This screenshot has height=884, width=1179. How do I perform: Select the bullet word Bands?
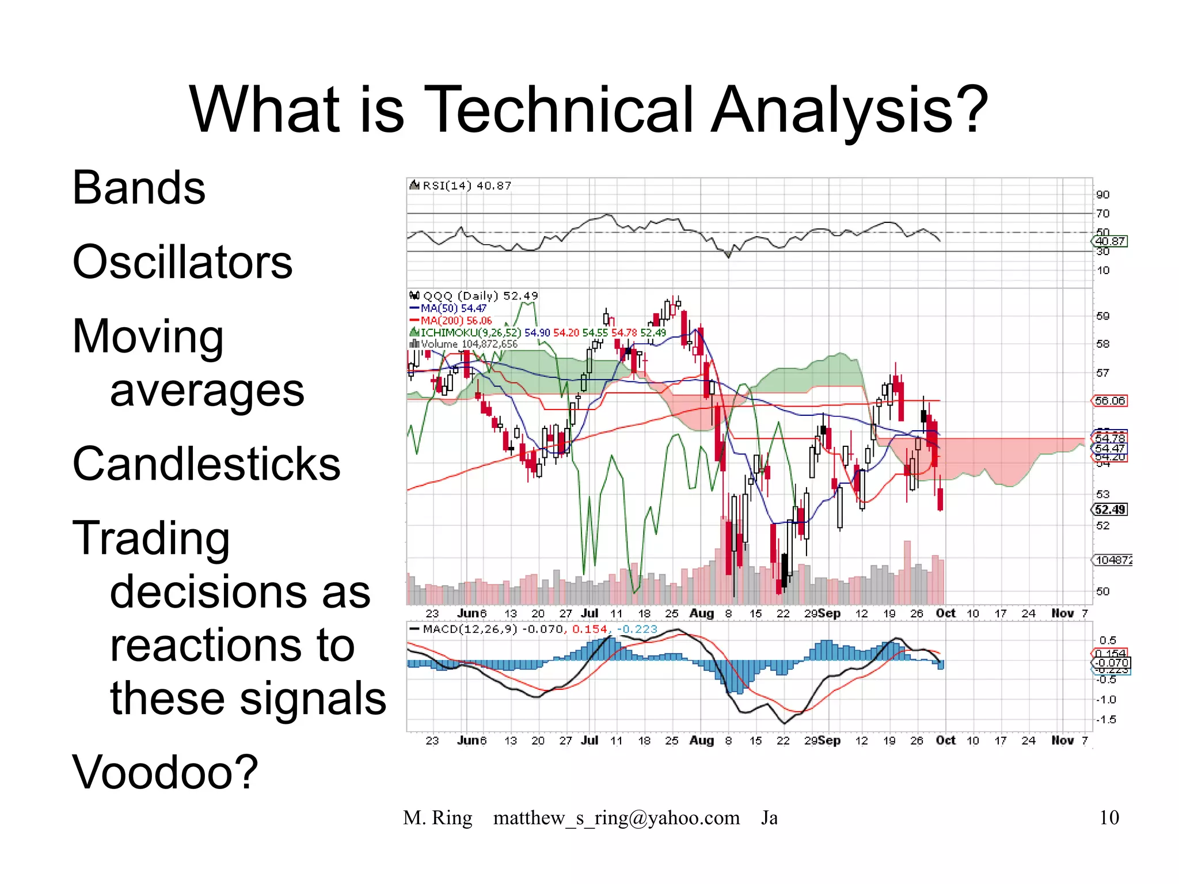click(x=139, y=188)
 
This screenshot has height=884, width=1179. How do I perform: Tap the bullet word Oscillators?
click(x=182, y=262)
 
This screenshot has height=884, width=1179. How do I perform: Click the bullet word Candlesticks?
click(x=206, y=464)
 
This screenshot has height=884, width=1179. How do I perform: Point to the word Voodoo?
click(x=165, y=772)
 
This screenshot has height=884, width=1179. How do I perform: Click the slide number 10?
click(x=1109, y=817)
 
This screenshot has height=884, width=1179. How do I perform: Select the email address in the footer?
click(x=616, y=817)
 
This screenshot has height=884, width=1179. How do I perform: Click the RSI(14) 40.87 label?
click(x=466, y=185)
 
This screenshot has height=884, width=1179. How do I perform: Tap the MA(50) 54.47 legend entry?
click(x=453, y=308)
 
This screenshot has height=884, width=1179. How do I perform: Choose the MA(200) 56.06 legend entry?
click(x=455, y=320)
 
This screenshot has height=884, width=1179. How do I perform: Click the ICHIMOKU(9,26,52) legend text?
click(x=470, y=332)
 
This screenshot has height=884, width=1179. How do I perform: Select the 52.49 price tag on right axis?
click(x=1109, y=509)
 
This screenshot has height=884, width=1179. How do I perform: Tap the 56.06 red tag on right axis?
click(x=1109, y=400)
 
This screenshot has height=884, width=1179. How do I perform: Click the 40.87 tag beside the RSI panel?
click(x=1110, y=241)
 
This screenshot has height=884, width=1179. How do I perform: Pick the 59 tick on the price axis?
click(x=1102, y=316)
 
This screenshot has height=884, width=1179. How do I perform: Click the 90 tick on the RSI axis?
click(x=1102, y=195)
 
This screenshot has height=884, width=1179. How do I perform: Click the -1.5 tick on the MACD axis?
click(x=1105, y=719)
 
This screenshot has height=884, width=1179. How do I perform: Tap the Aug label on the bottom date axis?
click(x=701, y=740)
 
